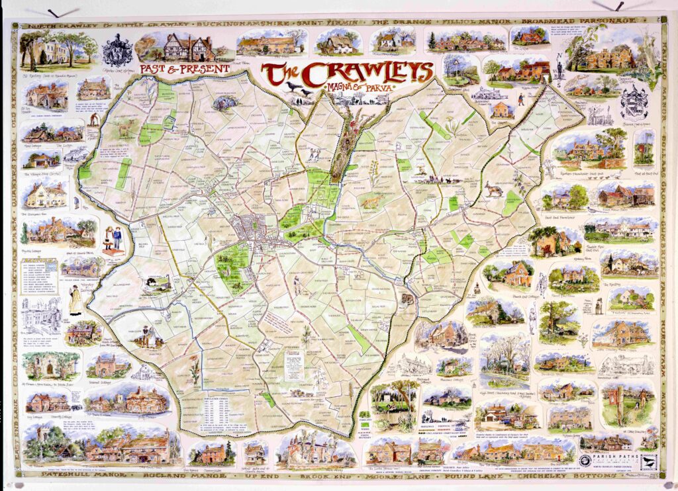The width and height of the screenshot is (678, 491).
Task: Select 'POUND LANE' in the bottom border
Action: coord(450,475)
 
